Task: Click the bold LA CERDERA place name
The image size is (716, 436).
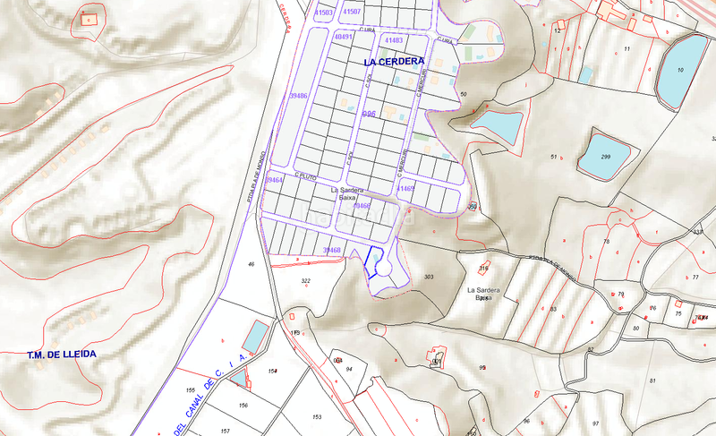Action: pyautogui.click(x=395, y=62)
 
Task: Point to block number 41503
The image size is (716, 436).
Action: pyautogui.click(x=323, y=13)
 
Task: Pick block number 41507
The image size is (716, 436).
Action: pyautogui.click(x=352, y=12)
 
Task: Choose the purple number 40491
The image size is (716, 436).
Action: pyautogui.click(x=343, y=38)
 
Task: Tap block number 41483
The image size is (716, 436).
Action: pyautogui.click(x=393, y=41)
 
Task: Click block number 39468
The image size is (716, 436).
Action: pyautogui.click(x=331, y=250)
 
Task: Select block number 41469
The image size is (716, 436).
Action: pyautogui.click(x=405, y=189)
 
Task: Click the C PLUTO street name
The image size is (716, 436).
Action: pyautogui.click(x=306, y=175)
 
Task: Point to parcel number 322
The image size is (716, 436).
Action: pyautogui.click(x=305, y=281)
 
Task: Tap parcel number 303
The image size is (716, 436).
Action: pyautogui.click(x=428, y=278)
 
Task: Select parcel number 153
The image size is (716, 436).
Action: pyautogui.click(x=317, y=417)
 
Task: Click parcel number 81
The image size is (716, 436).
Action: pyautogui.click(x=652, y=381)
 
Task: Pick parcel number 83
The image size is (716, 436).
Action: pyautogui.click(x=553, y=309)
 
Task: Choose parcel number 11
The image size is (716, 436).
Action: pyautogui.click(x=626, y=48)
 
